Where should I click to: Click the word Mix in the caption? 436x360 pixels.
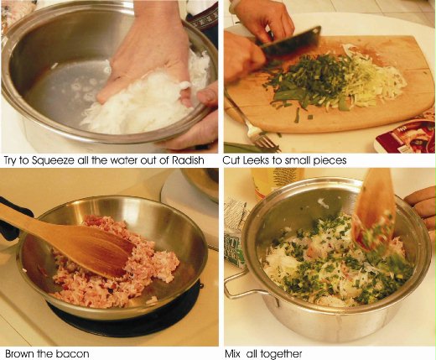click(x=233, y=353)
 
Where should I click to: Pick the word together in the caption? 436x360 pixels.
click(x=281, y=354)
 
